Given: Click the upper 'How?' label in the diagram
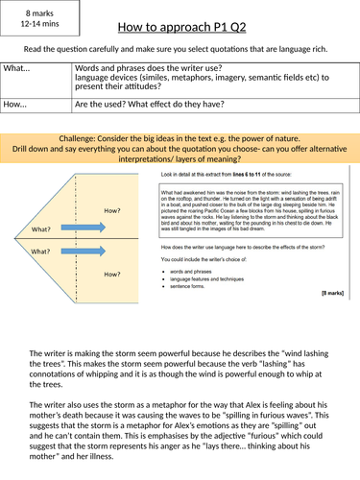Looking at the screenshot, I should pos(112,210).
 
